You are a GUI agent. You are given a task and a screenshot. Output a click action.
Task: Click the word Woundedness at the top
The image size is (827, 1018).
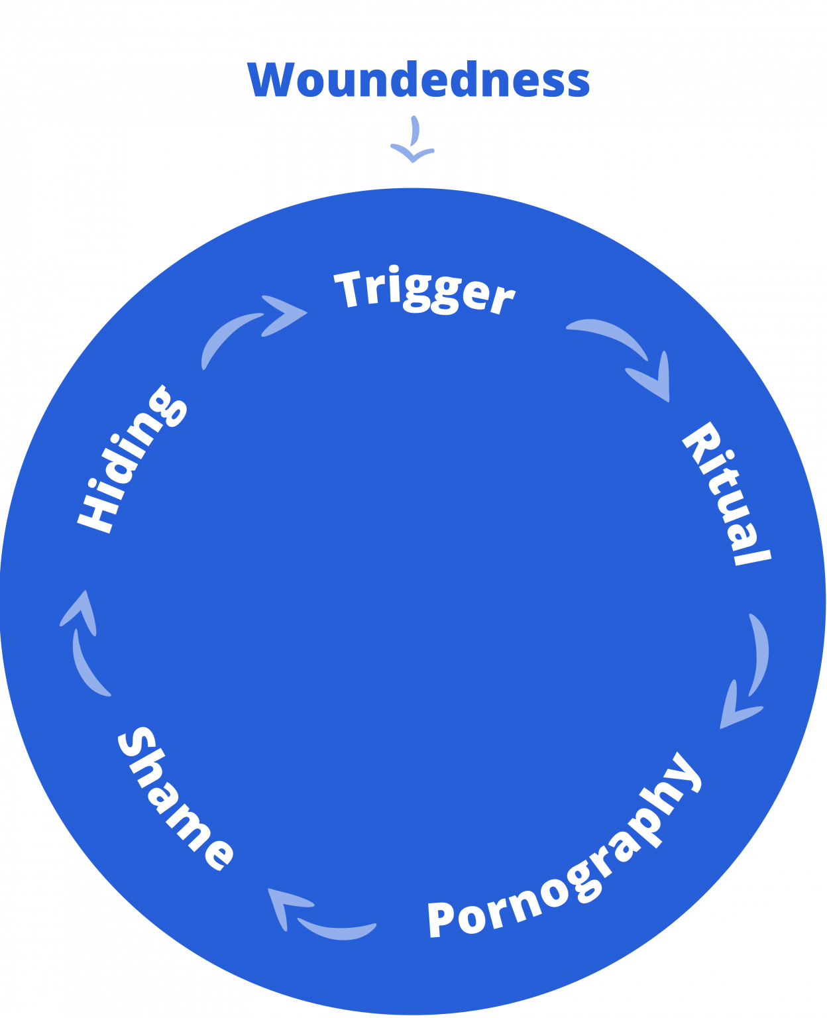pos(419,80)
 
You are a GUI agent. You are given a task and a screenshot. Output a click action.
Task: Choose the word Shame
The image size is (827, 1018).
pos(174,799)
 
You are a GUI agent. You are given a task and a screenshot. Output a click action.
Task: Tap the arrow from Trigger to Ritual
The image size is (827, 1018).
pos(626,355)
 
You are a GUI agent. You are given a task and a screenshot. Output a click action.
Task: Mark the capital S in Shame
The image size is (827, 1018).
pos(137,746)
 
